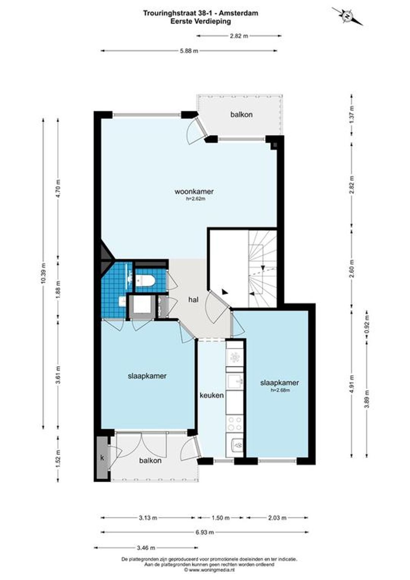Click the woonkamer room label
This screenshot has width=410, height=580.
pos(194,191)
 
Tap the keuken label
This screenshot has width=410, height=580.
pos(211,395)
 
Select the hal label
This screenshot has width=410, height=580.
pos(194,299)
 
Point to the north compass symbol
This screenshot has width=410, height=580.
pos(347,16)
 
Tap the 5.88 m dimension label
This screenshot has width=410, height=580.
pos(189,51)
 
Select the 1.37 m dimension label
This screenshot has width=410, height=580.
pos(351,115)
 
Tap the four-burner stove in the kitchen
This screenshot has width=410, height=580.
pos(234,424)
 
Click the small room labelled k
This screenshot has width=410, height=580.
pos(102,458)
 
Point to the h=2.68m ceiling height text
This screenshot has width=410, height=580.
pos(279,391)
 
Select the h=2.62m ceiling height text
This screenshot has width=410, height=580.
pos(194,199)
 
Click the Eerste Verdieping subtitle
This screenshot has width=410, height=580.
pos(200,22)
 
